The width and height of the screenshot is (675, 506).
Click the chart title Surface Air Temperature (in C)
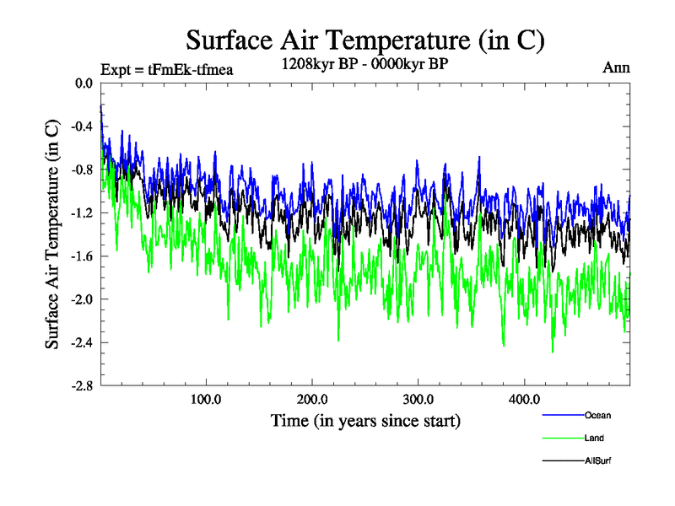coord(365,40)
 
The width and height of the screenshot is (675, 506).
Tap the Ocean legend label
coord(597,415)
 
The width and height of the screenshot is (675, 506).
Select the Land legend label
coord(594,438)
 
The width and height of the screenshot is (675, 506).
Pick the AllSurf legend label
coord(598,460)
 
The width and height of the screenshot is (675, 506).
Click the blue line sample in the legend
coord(562,415)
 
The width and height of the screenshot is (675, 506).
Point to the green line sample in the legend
coord(562,438)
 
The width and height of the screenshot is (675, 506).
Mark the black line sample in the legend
coord(562,460)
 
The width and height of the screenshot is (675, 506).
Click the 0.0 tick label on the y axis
coord(84,83)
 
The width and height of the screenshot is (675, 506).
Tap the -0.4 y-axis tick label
coord(82,126)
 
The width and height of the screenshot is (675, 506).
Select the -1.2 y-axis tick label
coord(82,213)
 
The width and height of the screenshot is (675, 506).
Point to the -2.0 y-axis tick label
coord(82,299)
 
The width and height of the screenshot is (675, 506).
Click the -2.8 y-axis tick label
coord(82,385)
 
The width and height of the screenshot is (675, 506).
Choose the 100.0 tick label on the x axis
coord(206,400)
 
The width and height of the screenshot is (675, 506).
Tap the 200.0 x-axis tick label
coord(312,400)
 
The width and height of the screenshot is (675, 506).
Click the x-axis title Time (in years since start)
coord(365,420)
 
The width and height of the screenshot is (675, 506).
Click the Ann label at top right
coord(616,67)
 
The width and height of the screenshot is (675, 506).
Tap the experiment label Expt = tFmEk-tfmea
coord(166,69)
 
